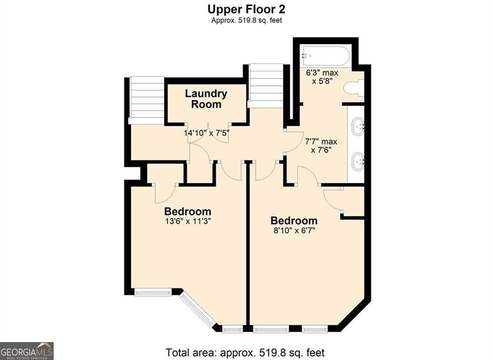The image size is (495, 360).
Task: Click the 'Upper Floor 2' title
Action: (246, 9)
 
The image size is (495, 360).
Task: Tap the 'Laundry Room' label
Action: (206, 99)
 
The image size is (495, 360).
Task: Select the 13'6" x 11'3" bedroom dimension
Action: (188, 221)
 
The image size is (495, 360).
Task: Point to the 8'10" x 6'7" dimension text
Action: (294, 230)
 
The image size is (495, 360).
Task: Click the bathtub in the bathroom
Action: (325, 56)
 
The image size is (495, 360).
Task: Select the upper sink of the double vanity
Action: (358, 126)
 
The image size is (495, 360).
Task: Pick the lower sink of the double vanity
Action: (358, 162)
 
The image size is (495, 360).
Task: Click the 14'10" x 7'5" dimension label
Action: (206, 133)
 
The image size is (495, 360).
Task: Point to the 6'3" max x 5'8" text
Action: (322, 77)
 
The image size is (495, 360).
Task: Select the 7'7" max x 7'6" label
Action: (321, 146)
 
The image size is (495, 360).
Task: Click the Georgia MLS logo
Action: (27, 351)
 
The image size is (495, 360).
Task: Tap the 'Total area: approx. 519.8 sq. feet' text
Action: (245, 352)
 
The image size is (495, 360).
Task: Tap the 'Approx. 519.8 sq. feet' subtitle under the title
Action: (247, 20)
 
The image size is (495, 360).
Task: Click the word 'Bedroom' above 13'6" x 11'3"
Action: (188, 211)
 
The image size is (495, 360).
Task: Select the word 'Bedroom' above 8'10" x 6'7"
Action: (294, 220)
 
